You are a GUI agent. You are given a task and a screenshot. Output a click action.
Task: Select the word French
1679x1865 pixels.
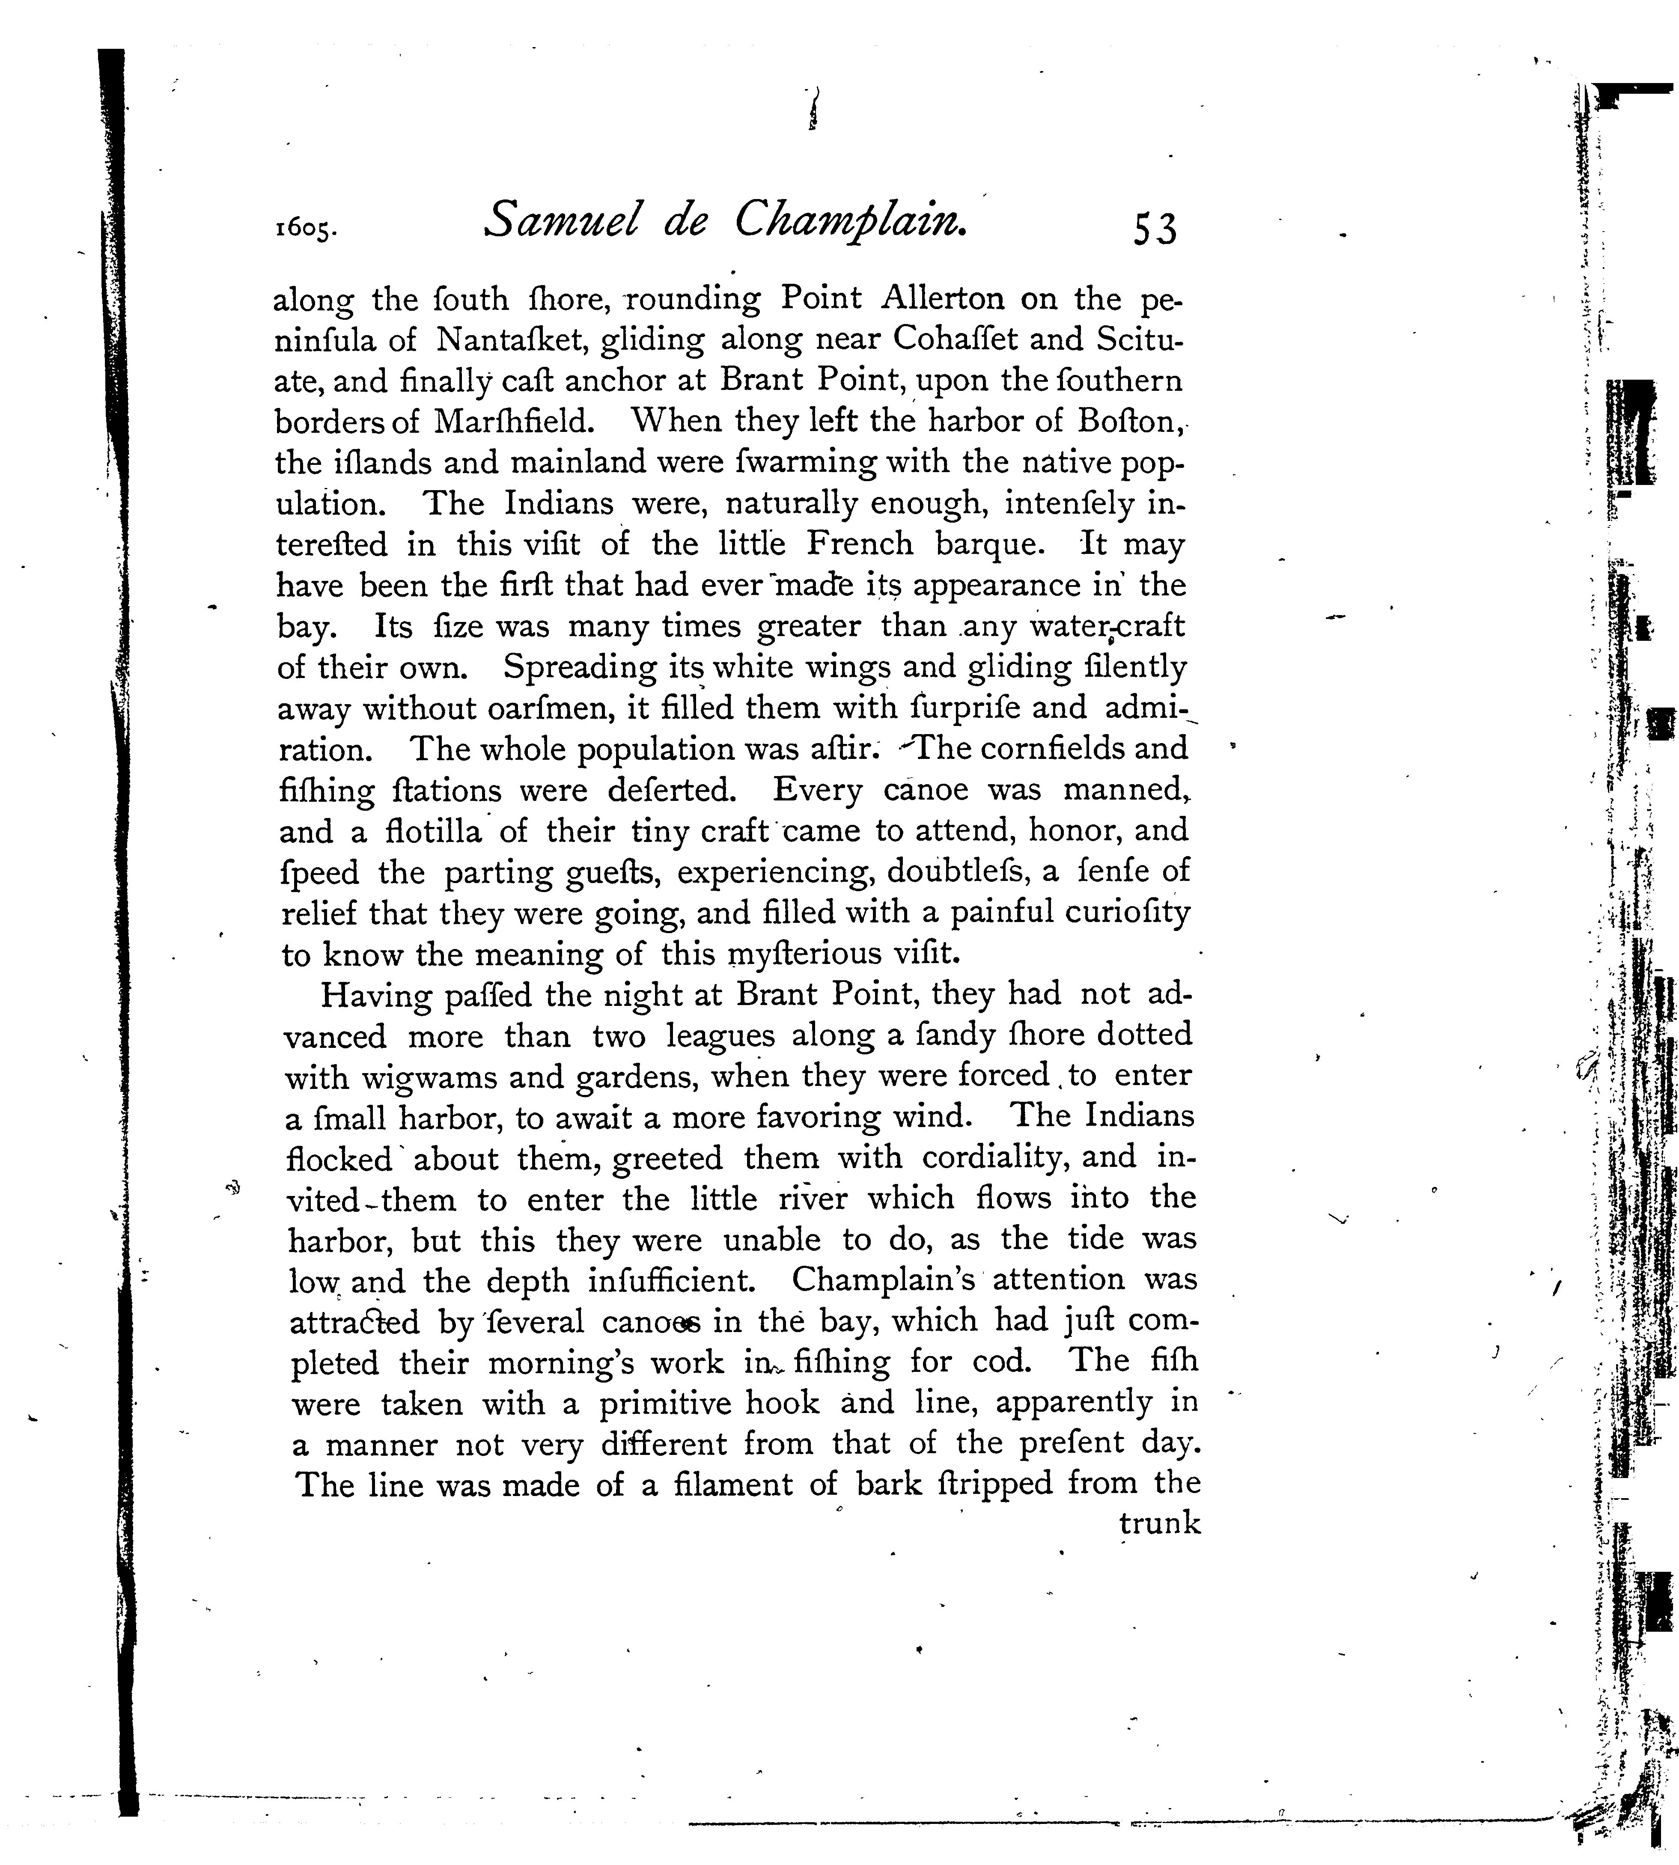860,544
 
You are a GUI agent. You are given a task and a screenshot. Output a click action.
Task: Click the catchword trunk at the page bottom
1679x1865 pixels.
1159,1524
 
